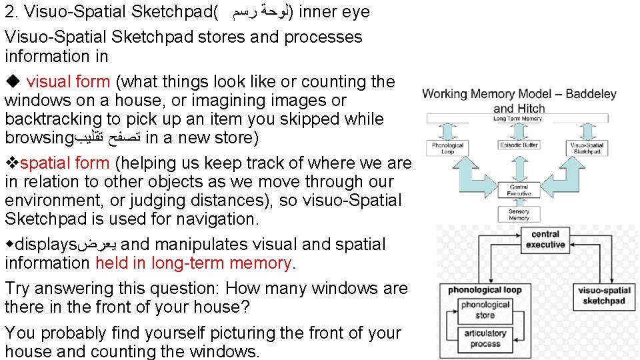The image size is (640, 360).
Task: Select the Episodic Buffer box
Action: (x=518, y=145)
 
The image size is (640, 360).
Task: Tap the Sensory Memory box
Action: (x=519, y=214)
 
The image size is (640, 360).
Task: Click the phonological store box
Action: (x=485, y=309)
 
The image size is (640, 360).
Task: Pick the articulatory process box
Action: (x=485, y=338)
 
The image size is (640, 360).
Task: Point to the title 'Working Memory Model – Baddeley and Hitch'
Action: (x=519, y=101)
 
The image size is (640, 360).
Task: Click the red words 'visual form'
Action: (x=68, y=82)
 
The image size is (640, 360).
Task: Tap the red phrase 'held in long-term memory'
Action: (x=194, y=263)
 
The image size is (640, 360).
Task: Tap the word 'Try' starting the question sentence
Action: (x=17, y=289)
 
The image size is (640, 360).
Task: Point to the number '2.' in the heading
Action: (x=11, y=12)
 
